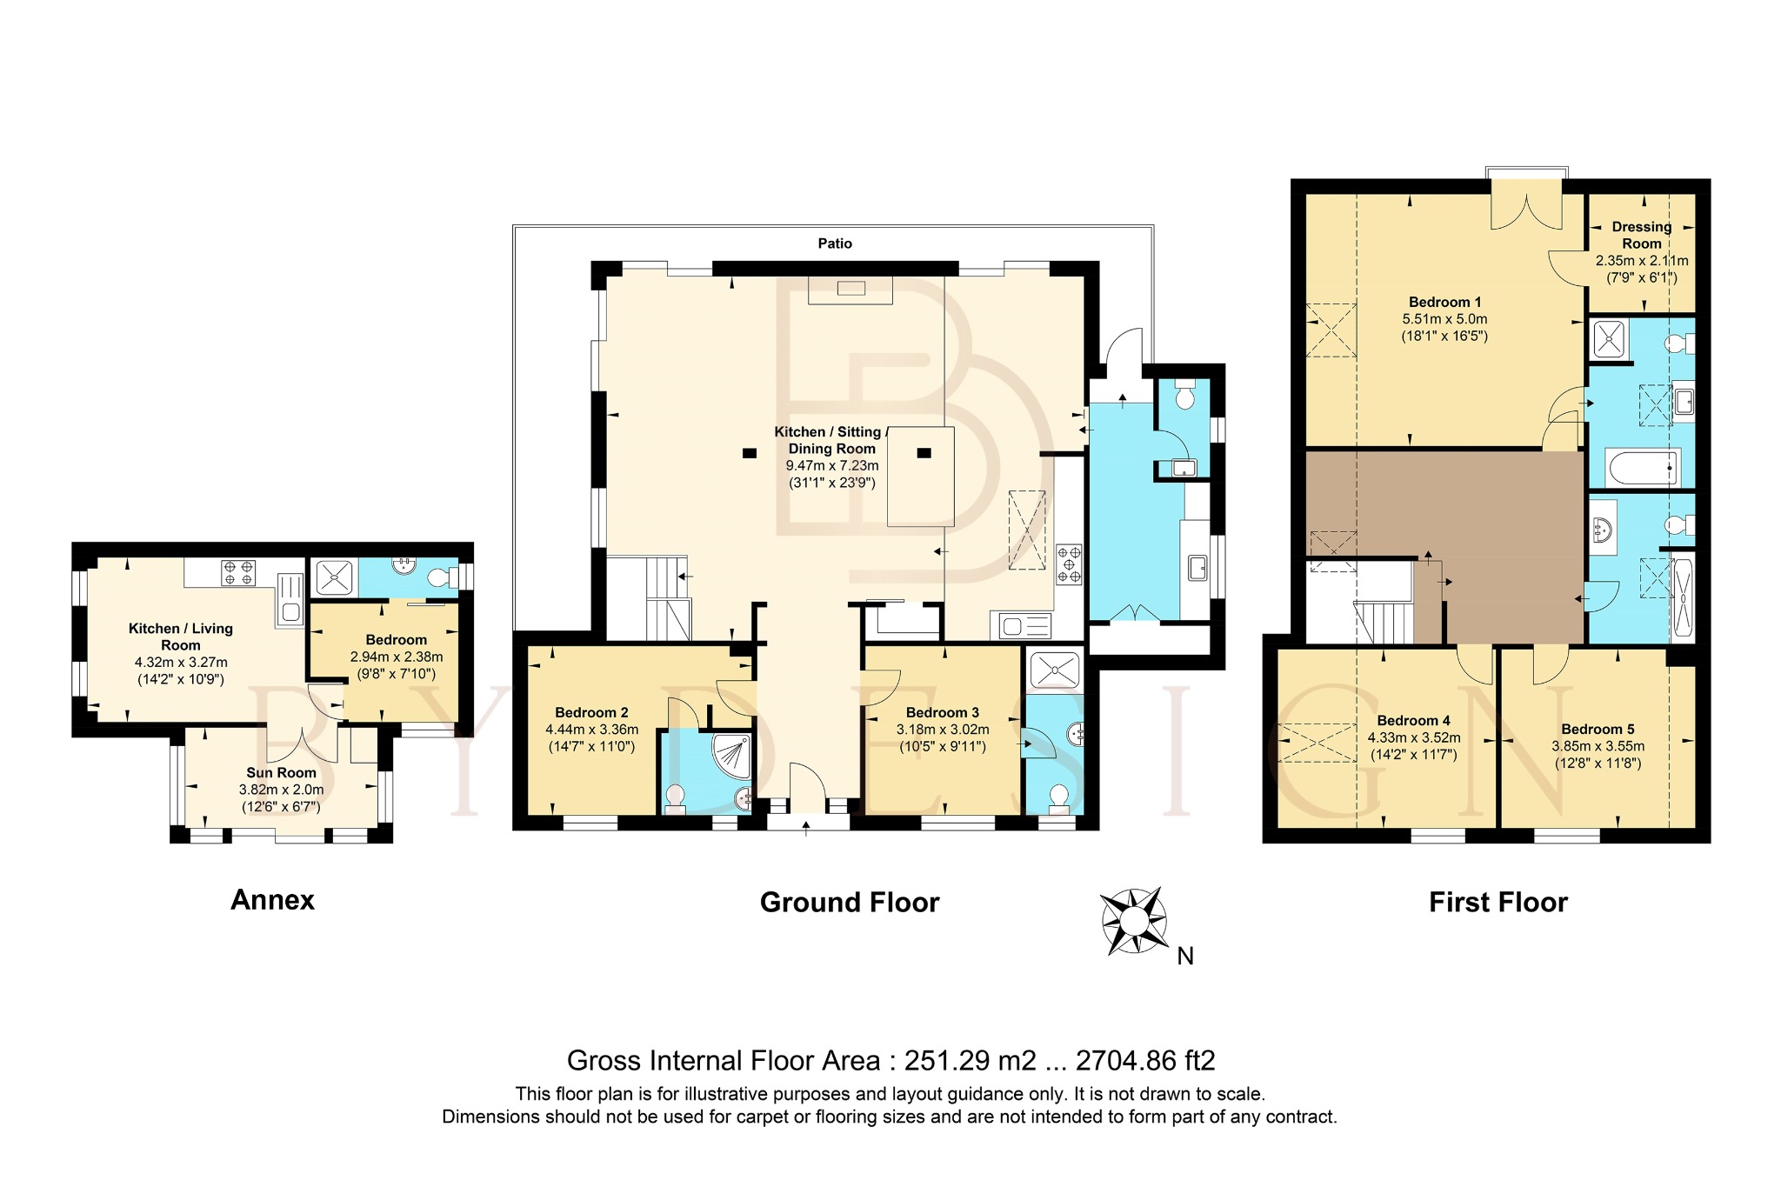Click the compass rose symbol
pyautogui.click(x=1134, y=921)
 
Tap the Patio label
pyautogui.click(x=835, y=243)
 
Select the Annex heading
pyautogui.click(x=272, y=900)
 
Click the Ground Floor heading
pyautogui.click(x=850, y=903)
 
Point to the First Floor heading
pyautogui.click(x=1498, y=903)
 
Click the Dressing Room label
pyautogui.click(x=1642, y=235)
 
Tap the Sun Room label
pyautogui.click(x=281, y=772)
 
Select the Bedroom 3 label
pyautogui.click(x=943, y=712)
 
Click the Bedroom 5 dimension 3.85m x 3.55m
pyautogui.click(x=1598, y=746)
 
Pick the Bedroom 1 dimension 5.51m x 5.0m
pyautogui.click(x=1444, y=319)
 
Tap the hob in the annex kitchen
pyautogui.click(x=238, y=572)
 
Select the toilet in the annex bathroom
pyautogui.click(x=444, y=577)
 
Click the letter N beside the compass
pyautogui.click(x=1185, y=957)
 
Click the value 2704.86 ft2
pyautogui.click(x=1145, y=1061)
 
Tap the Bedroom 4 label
pyautogui.click(x=1414, y=720)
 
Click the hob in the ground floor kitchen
pyautogui.click(x=1070, y=563)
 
